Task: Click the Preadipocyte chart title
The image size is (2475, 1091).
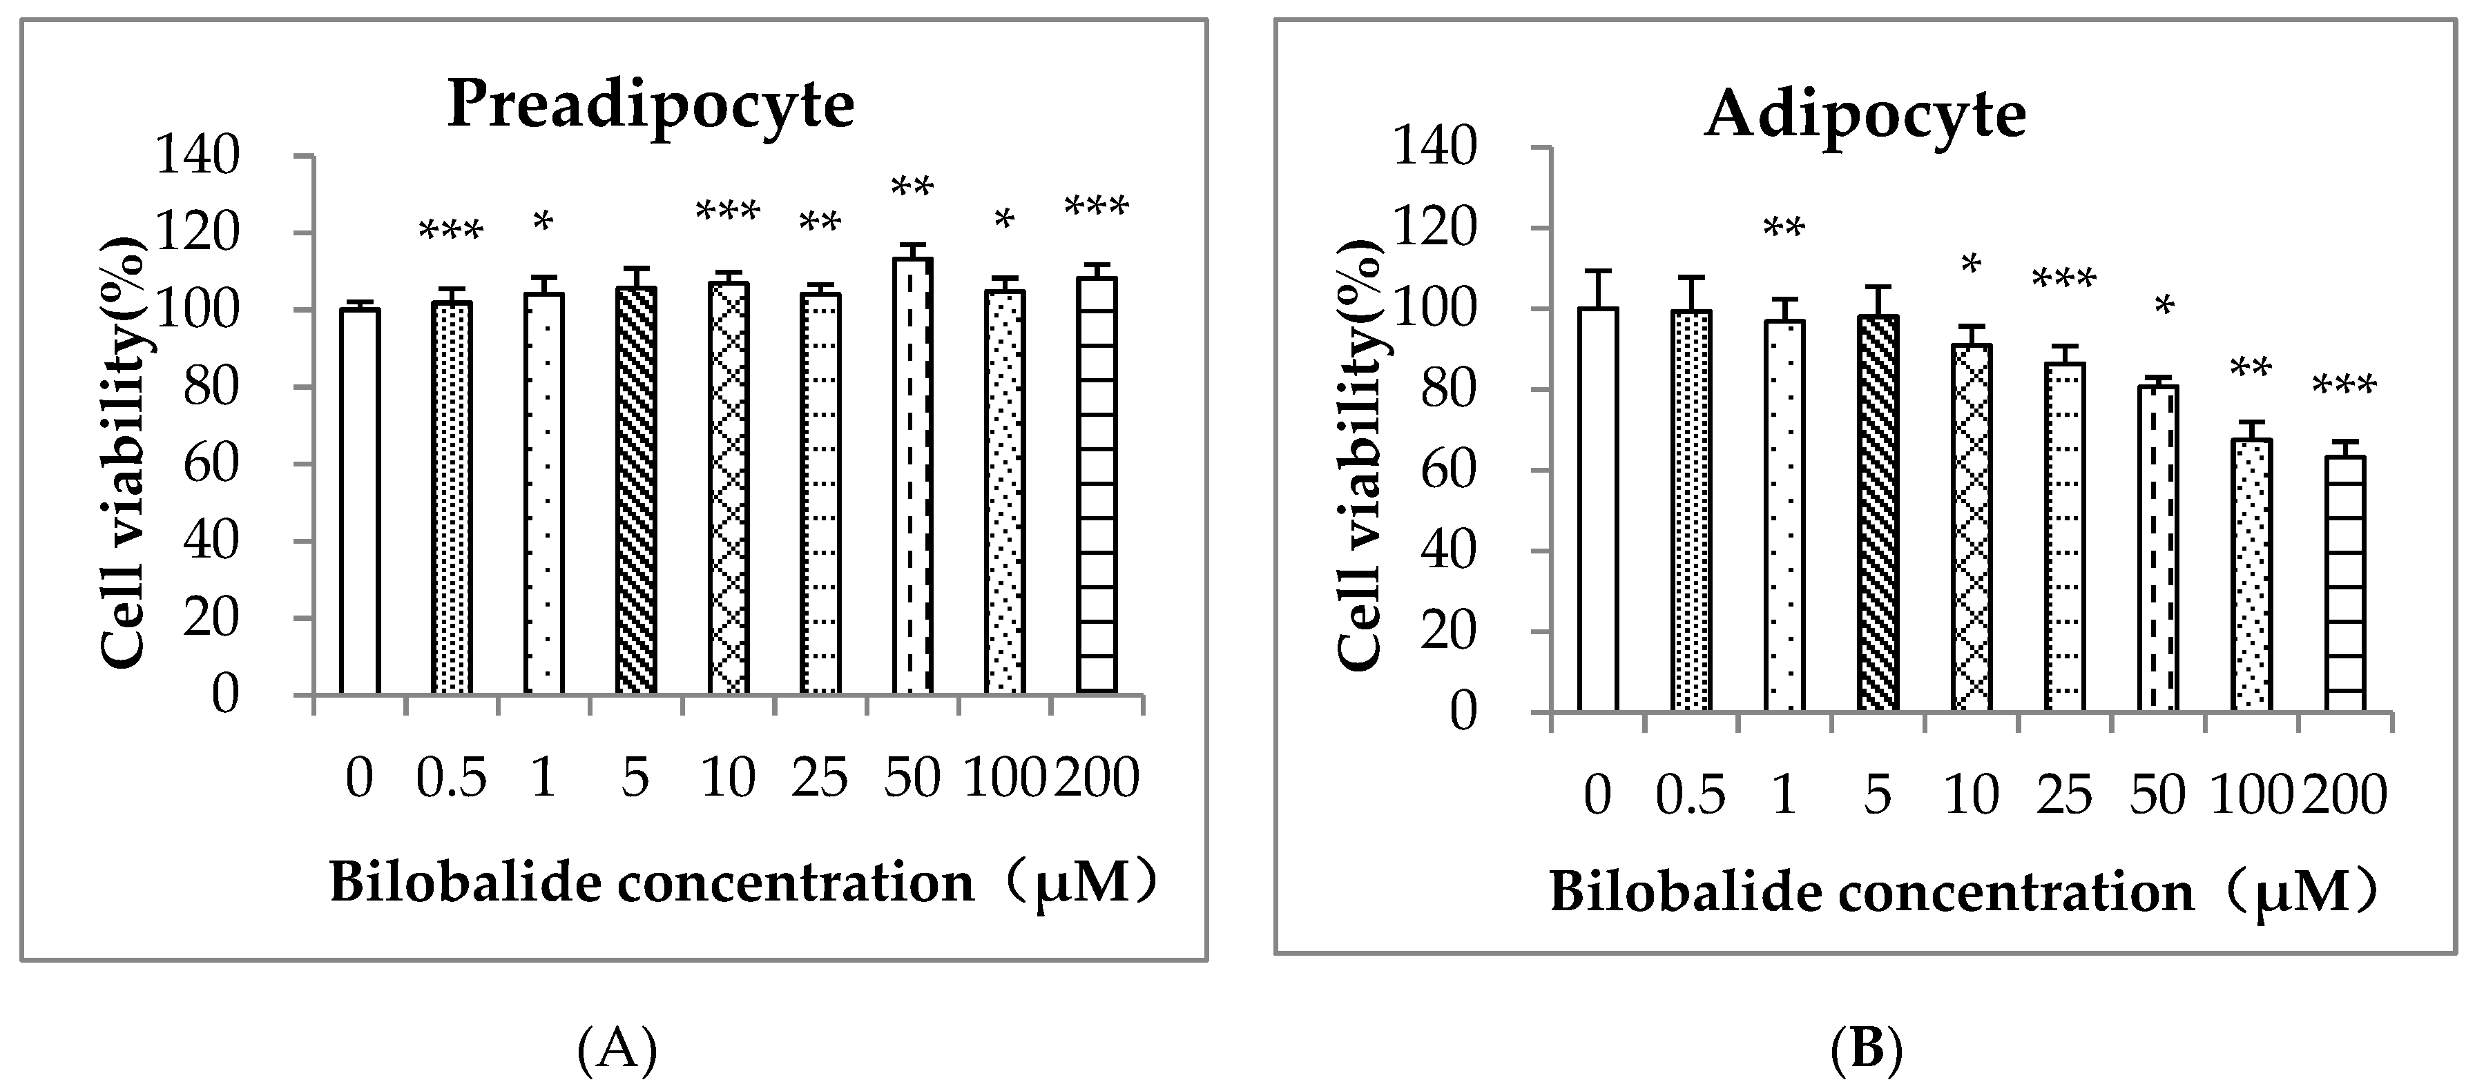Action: pos(651,105)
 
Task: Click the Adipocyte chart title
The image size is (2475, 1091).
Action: pos(1865,115)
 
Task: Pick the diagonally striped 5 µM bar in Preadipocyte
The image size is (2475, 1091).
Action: pos(635,490)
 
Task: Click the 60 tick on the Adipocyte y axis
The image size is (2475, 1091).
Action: pos(1448,471)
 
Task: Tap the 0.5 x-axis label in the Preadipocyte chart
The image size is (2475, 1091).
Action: pos(452,778)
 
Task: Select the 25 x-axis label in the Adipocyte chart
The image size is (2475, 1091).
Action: pos(2064,795)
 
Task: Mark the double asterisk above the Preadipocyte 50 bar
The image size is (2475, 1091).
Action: pos(912,186)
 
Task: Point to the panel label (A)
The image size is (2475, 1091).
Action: pos(617,1051)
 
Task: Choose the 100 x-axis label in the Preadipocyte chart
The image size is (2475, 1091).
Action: pos(1004,778)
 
